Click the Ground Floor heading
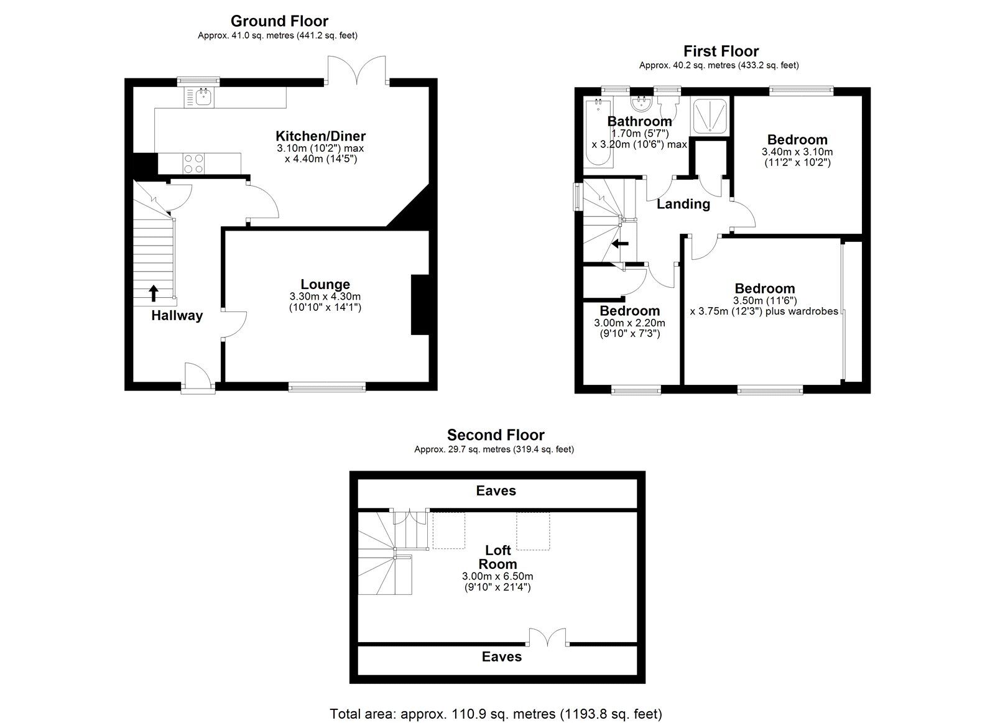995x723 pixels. (279, 22)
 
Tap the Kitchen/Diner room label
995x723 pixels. (320, 136)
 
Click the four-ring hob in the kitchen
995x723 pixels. (193, 163)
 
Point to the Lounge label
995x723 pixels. (325, 285)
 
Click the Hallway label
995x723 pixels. (177, 316)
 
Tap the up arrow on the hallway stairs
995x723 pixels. (153, 292)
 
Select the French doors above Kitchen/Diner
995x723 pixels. (357, 70)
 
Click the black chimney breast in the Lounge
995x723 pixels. (420, 305)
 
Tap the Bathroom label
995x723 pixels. (639, 121)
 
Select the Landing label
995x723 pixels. (683, 204)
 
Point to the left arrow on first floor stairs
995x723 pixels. (620, 244)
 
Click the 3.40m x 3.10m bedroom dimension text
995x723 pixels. (797, 152)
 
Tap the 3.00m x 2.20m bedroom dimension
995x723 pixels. (629, 323)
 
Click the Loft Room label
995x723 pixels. (497, 557)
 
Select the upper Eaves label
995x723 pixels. (496, 491)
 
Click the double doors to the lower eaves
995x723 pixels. (547, 638)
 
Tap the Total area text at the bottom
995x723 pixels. (496, 714)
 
